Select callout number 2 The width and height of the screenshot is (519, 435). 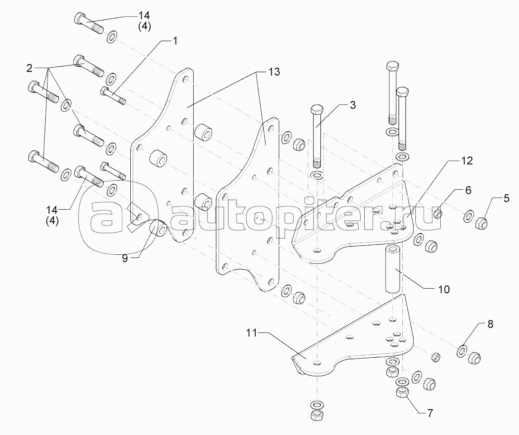coord(29,68)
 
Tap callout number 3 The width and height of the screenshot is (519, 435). coord(352,105)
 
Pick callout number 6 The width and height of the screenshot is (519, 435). coord(468,190)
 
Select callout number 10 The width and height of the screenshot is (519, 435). coord(443,289)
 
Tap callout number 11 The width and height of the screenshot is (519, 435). coord(252,333)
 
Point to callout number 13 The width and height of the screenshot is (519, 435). coord(274,71)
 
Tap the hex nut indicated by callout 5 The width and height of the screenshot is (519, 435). coord(481,222)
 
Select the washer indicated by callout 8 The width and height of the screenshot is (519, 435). coord(462,350)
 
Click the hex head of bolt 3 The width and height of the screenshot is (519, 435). coord(317,109)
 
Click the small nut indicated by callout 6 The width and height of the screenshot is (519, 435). coord(438,213)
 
